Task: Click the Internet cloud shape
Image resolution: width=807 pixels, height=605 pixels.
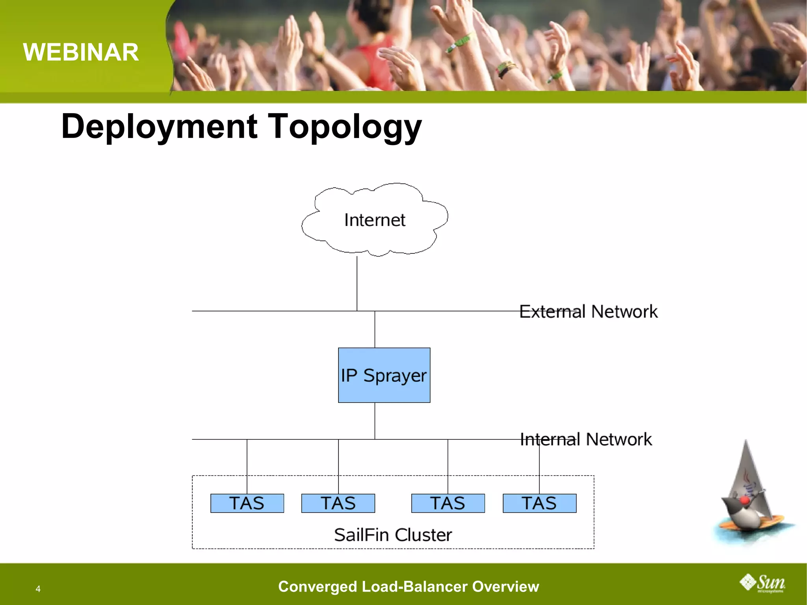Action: [x=374, y=220]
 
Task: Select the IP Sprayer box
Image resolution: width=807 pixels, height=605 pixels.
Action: [x=384, y=375]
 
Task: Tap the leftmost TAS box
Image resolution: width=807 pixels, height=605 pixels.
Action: [x=247, y=503]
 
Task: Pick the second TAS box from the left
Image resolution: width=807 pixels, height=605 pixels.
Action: [x=338, y=503]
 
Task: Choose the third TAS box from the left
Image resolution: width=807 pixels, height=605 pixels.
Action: [x=448, y=503]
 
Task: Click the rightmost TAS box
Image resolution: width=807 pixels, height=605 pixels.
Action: [x=539, y=503]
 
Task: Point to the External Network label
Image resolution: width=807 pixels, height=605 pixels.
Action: [x=588, y=311]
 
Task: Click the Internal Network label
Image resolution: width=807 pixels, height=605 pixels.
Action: [x=586, y=439]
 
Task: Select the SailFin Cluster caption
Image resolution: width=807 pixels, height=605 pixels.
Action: [x=393, y=535]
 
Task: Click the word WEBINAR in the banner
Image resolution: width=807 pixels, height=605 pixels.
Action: [x=81, y=52]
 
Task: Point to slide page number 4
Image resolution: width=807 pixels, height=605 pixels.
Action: [x=38, y=589]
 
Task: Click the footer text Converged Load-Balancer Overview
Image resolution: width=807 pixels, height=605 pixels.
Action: [x=408, y=586]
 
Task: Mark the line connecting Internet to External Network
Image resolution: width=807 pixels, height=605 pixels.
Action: [x=357, y=284]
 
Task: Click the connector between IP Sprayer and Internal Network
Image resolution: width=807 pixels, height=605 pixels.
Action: [x=375, y=421]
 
